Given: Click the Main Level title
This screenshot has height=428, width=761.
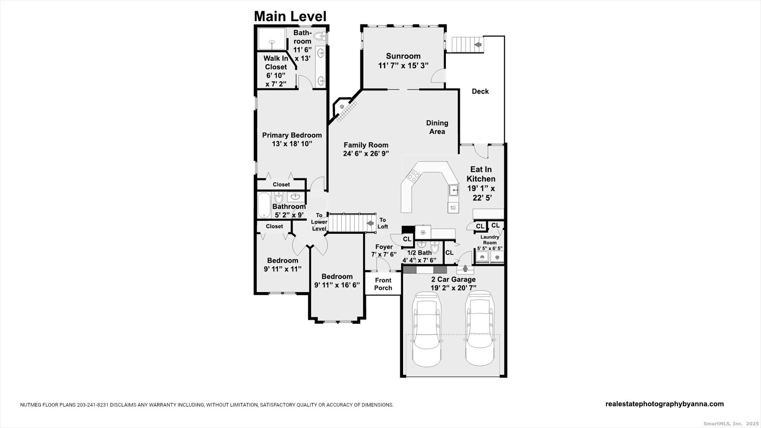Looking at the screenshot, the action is click(290, 16).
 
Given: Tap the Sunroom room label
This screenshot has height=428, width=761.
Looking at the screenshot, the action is click(403, 56).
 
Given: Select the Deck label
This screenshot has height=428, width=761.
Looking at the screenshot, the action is click(480, 91).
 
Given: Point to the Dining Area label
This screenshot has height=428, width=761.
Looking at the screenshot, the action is click(437, 127).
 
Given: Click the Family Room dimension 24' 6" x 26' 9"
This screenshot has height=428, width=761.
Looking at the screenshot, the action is click(366, 154).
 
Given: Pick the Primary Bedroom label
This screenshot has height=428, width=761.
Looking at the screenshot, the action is click(292, 135).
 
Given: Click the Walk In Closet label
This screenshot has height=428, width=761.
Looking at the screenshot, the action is click(276, 62).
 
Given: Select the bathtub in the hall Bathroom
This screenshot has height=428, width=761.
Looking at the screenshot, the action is click(264, 205).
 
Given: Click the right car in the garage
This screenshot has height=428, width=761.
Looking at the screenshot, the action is click(481, 329).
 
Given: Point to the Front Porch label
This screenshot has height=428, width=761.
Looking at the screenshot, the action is click(383, 284).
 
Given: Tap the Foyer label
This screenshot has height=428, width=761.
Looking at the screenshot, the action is click(384, 247).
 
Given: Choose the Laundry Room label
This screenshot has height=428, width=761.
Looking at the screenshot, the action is click(490, 240).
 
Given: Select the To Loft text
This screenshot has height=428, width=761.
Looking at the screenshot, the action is click(383, 223).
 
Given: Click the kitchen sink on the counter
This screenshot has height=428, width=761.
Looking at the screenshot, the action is click(453, 189).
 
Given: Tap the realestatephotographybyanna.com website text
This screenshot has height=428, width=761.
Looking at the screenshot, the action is click(664, 404).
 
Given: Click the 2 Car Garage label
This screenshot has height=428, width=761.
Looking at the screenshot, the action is click(453, 279).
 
